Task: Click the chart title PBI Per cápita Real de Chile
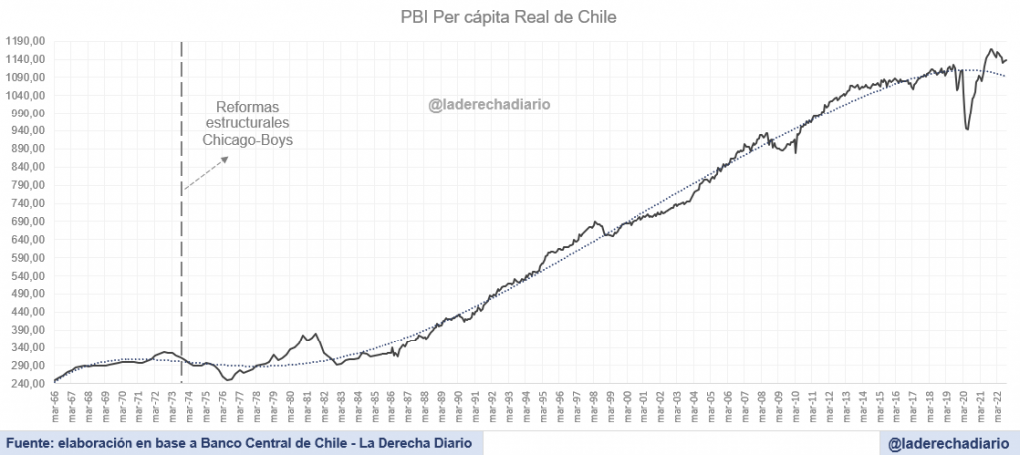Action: click(x=510, y=17)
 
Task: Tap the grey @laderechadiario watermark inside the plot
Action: click(x=489, y=102)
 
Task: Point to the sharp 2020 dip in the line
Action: click(x=967, y=128)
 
